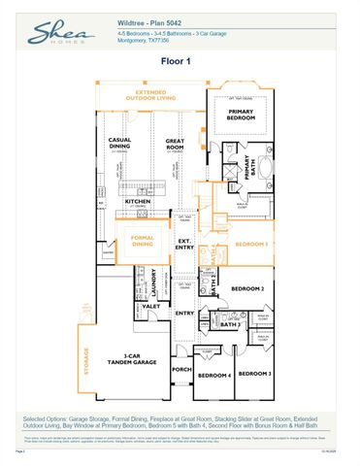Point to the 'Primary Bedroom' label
(x=242, y=115)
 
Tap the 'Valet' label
(x=151, y=306)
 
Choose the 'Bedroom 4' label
(x=214, y=375)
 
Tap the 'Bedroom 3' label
(x=255, y=374)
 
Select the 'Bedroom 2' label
(x=247, y=288)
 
